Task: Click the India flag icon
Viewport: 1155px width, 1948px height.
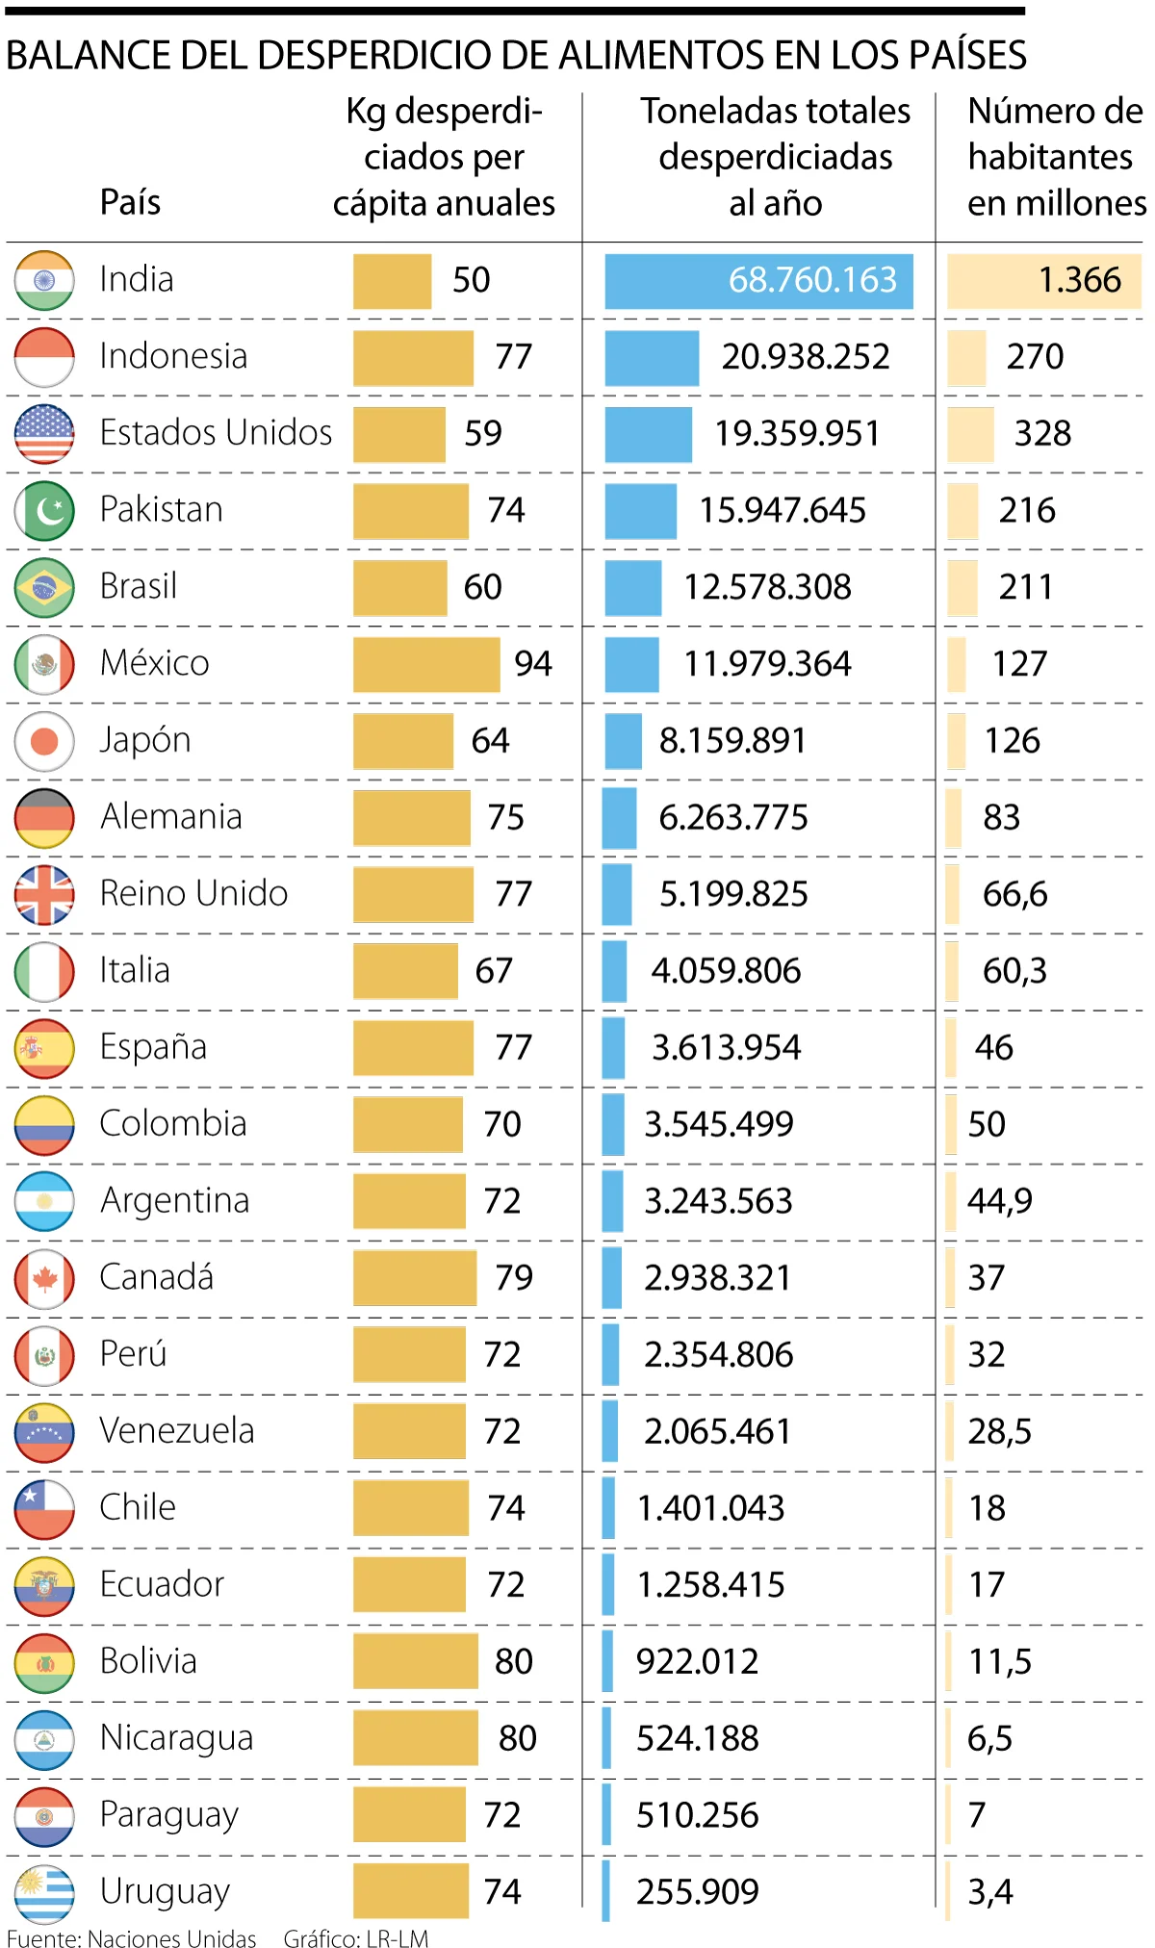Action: (x=44, y=280)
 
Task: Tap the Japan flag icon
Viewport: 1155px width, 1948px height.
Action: (x=44, y=741)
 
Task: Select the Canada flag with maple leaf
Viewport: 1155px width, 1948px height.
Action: (x=44, y=1279)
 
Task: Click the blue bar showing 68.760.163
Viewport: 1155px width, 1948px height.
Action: (x=758, y=281)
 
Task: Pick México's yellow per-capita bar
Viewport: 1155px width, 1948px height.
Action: (x=426, y=664)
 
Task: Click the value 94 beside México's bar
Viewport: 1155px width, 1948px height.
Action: (x=533, y=664)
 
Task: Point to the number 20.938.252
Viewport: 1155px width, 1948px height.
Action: (x=806, y=357)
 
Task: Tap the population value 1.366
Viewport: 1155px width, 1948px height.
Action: (x=1080, y=280)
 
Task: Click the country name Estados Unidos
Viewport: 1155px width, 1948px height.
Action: (x=216, y=433)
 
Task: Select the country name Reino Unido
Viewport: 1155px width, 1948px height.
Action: (x=193, y=894)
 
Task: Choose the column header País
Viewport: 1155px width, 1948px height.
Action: (x=130, y=202)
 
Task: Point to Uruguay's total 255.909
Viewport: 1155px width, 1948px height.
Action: (x=698, y=1892)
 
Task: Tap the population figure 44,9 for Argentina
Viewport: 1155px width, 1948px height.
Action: (x=1000, y=1201)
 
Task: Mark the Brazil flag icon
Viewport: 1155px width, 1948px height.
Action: (x=44, y=587)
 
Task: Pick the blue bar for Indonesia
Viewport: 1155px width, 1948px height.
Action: (x=652, y=358)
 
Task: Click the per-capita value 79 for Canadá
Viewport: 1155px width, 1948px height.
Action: (x=514, y=1278)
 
